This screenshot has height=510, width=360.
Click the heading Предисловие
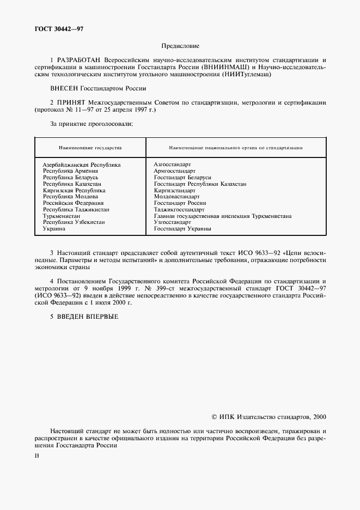[x=180, y=46]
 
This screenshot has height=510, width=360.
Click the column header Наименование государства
[x=90, y=148]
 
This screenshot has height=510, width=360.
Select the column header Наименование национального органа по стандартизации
[x=236, y=148]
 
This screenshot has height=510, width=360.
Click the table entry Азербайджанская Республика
[x=82, y=164]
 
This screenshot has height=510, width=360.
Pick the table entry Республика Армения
[x=71, y=171]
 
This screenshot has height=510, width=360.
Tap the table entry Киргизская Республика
[x=74, y=190]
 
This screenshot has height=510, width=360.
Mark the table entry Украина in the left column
[x=54, y=229]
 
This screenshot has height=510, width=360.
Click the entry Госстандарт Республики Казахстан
[x=200, y=184]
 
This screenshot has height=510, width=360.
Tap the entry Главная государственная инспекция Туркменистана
[x=222, y=216]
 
